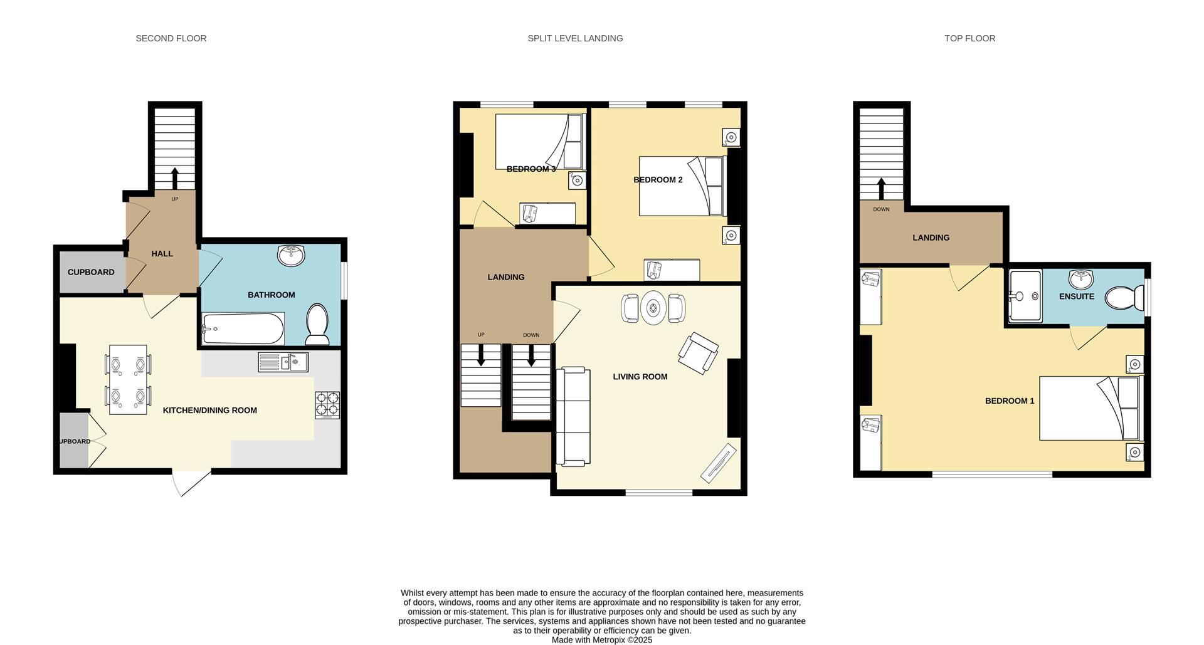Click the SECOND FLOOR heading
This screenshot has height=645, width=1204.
[171, 38]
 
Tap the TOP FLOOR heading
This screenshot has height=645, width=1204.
[969, 38]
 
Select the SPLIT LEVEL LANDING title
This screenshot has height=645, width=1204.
[575, 38]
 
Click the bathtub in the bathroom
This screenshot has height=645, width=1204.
[243, 328]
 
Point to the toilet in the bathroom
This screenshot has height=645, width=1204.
[317, 324]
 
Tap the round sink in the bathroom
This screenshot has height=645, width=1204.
[291, 255]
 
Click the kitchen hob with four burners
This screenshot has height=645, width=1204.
[327, 405]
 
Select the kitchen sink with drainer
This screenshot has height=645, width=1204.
[283, 362]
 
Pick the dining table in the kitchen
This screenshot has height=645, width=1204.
[128, 379]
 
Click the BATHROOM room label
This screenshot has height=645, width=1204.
[271, 295]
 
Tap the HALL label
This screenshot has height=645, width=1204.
[162, 254]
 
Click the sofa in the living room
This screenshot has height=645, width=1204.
[573, 416]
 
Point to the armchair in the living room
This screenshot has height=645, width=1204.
[698, 353]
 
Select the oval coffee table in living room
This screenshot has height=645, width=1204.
[653, 308]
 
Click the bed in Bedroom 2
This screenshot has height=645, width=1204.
[681, 186]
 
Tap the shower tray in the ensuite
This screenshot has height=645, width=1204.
[1025, 296]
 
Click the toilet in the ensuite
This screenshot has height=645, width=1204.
[1124, 298]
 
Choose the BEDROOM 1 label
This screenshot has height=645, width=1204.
[1010, 401]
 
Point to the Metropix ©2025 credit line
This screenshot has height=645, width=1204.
[601, 640]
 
